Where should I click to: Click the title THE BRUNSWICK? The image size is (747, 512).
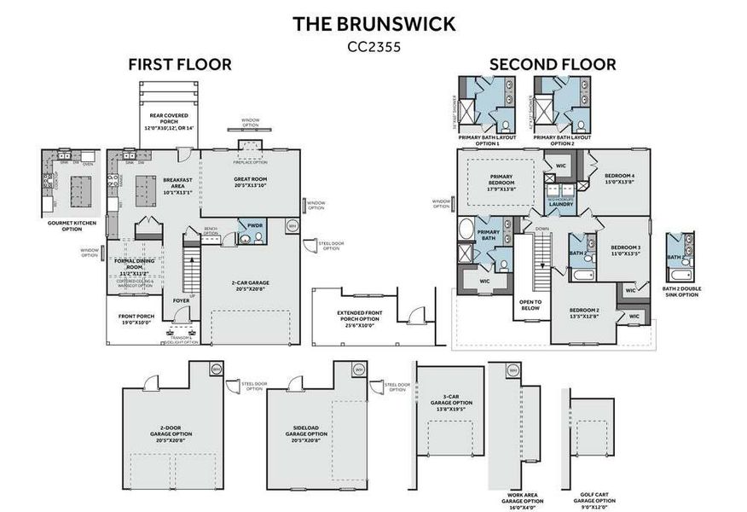[x=373, y=23]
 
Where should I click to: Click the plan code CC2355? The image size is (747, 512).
[x=373, y=47]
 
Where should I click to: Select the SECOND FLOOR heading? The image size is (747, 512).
[x=552, y=64]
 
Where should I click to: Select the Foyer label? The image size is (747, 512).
[x=181, y=300]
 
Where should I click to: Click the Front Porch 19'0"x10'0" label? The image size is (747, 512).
[x=136, y=319]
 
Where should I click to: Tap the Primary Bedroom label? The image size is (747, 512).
[x=501, y=185]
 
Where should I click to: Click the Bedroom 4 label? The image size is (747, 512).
[x=620, y=179]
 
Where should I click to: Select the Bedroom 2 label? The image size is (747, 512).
[x=584, y=312]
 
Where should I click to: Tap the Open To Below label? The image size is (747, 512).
[x=528, y=305]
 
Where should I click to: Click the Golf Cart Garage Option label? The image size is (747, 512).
[x=595, y=503]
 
